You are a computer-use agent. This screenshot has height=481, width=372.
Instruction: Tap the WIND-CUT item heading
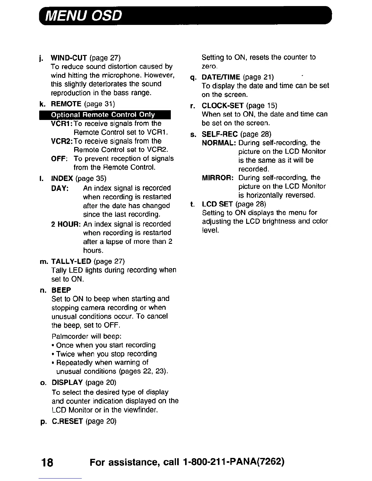pyautogui.click(x=69, y=58)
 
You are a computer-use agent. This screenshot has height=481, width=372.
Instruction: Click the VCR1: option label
pyautogui.click(x=62, y=124)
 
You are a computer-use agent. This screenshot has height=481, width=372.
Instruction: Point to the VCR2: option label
pyautogui.click(x=62, y=141)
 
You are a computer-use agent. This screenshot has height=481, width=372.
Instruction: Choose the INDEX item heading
pyautogui.click(x=62, y=178)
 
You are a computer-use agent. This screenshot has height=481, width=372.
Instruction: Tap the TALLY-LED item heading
pyautogui.click(x=71, y=261)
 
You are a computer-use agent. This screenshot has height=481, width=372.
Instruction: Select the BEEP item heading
pyautogui.click(x=61, y=290)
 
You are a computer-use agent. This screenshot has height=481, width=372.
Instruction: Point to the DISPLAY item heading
pyautogui.click(x=67, y=382)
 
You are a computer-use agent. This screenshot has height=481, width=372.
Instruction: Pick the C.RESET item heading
pyautogui.click(x=67, y=421)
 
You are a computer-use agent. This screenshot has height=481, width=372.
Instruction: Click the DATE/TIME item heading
pyautogui.click(x=221, y=77)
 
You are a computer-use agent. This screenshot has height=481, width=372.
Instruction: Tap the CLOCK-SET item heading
pyautogui.click(x=222, y=106)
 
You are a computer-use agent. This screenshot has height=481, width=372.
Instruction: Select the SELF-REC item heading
pyautogui.click(x=220, y=134)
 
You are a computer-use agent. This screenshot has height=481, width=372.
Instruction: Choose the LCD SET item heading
pyautogui.click(x=217, y=204)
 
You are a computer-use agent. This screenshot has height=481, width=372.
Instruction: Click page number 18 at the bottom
pyautogui.click(x=47, y=462)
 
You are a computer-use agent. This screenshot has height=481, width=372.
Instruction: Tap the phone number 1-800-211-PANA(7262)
pyautogui.click(x=234, y=462)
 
